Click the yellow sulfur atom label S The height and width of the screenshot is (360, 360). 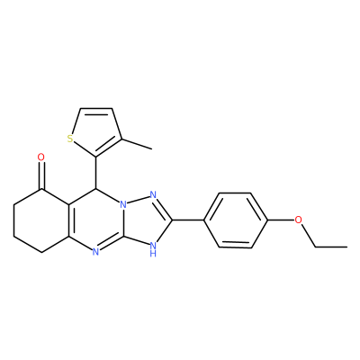[x=70, y=139]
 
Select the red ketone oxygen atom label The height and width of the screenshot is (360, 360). [x=41, y=157]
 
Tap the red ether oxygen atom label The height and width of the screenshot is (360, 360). [x=298, y=220]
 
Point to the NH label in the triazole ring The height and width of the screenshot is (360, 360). [x=153, y=249]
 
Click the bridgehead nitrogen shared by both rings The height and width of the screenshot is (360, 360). [x=122, y=205]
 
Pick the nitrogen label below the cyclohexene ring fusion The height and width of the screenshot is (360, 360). [x=95, y=252]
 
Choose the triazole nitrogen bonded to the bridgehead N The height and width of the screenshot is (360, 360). [x=153, y=195]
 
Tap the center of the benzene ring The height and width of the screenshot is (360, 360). [x=235, y=220]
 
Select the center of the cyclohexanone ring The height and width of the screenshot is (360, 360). [x=41, y=220]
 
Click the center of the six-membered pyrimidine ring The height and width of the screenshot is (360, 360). [x=96, y=220]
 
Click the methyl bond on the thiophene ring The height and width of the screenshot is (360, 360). [x=137, y=144]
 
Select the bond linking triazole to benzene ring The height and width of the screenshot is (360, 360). [x=188, y=220]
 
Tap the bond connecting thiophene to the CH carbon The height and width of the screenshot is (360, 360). [x=96, y=173]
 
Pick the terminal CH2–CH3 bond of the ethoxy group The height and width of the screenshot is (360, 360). [x=331, y=247]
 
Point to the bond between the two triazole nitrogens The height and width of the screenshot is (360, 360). [x=138, y=201]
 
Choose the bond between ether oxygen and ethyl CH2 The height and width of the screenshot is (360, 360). [x=308, y=236]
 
